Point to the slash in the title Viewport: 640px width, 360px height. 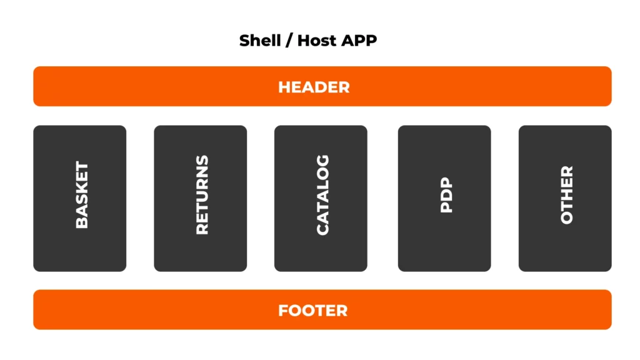tap(288, 41)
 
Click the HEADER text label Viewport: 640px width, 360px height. tap(314, 87)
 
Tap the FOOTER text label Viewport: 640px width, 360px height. tap(312, 310)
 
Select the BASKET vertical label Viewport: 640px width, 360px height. tap(82, 195)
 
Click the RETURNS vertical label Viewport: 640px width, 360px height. tap(202, 195)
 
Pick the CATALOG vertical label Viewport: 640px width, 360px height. tap(322, 195)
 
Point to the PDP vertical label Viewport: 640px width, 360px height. tap(446, 195)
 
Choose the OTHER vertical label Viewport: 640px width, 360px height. tap(567, 195)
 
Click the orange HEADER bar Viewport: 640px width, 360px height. tap(156, 87)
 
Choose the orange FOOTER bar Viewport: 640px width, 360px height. tap(156, 310)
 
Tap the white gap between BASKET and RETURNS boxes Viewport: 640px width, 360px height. tap(140, 198)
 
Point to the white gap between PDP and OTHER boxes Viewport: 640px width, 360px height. tap(505, 198)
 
